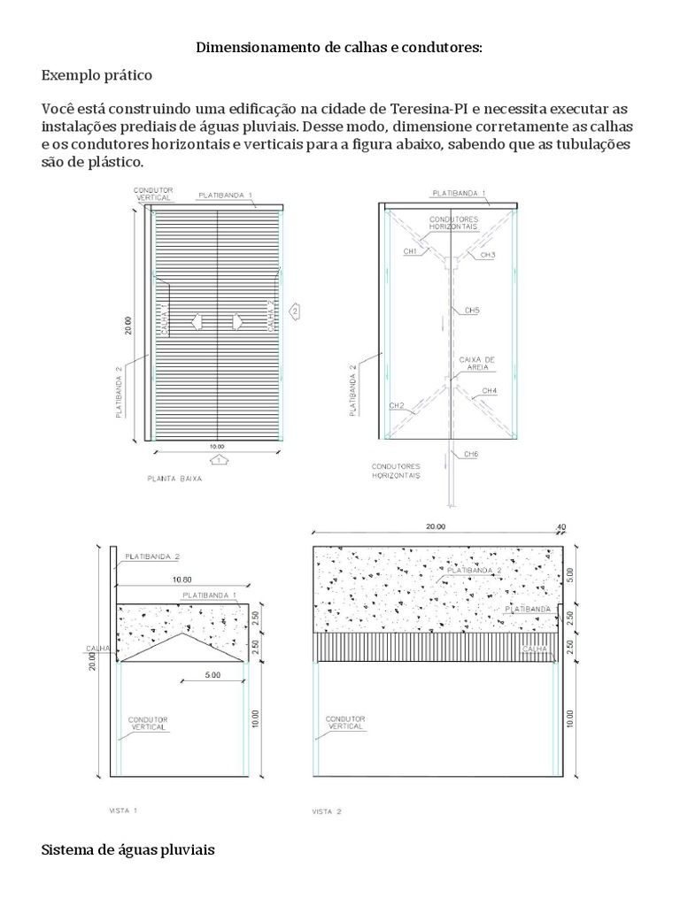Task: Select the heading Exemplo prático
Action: [x=97, y=75]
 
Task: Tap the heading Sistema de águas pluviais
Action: [x=127, y=850]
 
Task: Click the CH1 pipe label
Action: [x=410, y=252]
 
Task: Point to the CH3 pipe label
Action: [x=488, y=255]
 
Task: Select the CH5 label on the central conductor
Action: [x=472, y=311]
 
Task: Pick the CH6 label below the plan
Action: [x=472, y=454]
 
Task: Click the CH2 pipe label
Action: [x=397, y=406]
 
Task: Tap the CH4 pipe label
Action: [x=489, y=390]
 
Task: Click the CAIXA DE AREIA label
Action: [x=476, y=364]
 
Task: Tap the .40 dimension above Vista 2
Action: [x=559, y=527]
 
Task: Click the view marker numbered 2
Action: [x=296, y=311]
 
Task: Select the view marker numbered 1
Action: [x=217, y=460]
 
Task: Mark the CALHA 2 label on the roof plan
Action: [x=271, y=314]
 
